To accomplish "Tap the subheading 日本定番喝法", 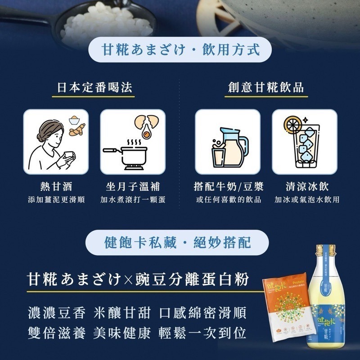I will (x=95, y=87).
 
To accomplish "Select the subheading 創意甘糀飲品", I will (x=266, y=87).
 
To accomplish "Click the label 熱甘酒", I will (x=56, y=186).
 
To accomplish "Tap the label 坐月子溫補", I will (x=133, y=186).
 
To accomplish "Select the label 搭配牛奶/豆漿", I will (x=228, y=186).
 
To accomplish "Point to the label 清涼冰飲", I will (x=305, y=186).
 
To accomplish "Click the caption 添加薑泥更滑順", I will (x=56, y=199).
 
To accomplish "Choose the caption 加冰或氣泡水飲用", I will (x=305, y=199).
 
